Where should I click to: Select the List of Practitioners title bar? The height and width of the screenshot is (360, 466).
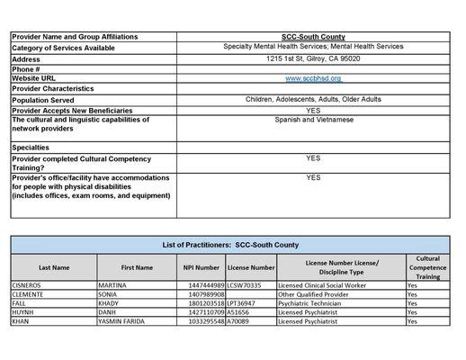(x=231, y=245)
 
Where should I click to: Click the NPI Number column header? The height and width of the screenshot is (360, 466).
(x=202, y=267)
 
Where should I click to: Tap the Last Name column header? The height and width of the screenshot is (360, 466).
(x=53, y=267)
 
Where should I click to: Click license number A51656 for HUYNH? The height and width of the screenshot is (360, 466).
(x=238, y=311)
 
